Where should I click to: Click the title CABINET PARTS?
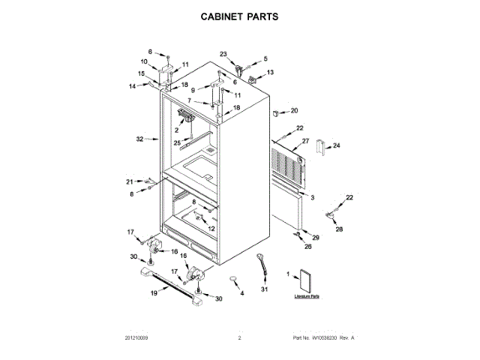(240, 16)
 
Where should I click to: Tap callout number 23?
(223, 53)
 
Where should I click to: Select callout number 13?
(270, 72)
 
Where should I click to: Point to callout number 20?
(294, 110)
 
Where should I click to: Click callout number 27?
(305, 141)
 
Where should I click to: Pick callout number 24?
(337, 145)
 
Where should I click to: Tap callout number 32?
(139, 139)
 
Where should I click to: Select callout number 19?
(154, 293)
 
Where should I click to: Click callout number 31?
(264, 289)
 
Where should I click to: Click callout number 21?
(129, 181)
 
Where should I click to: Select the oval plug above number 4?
(234, 280)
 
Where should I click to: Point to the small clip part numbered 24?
(321, 148)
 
